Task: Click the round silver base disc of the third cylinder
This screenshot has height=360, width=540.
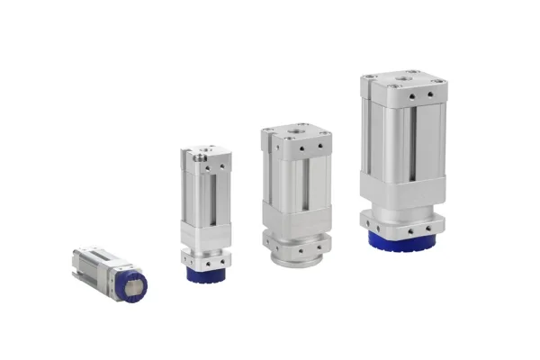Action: pos(295,258)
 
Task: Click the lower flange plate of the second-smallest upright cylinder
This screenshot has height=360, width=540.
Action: pos(204,259)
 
